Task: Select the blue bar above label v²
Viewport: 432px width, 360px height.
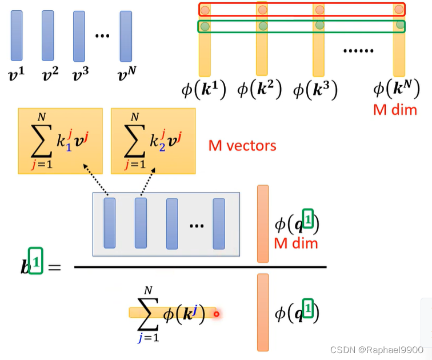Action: (x=47, y=35)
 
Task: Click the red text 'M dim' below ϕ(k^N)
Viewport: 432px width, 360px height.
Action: (x=395, y=109)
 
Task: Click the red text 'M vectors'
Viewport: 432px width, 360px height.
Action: (x=242, y=146)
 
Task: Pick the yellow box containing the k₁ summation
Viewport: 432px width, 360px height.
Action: (x=60, y=141)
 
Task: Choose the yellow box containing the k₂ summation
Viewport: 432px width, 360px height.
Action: (x=153, y=141)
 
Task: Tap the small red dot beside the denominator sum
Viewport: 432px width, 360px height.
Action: (x=217, y=313)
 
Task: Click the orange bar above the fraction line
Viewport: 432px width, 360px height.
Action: (x=263, y=223)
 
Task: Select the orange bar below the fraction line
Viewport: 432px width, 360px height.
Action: (x=263, y=312)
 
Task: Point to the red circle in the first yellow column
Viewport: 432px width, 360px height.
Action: (x=205, y=10)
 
